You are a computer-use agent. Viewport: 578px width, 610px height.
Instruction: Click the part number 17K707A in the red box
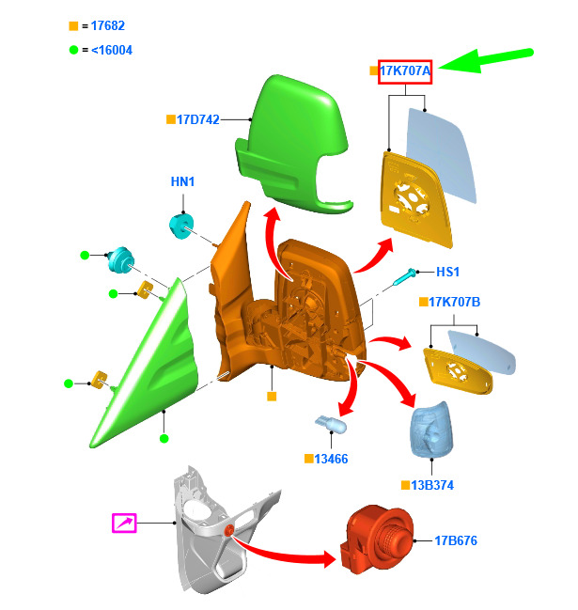[405, 70]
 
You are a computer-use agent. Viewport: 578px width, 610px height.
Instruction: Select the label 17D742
[198, 119]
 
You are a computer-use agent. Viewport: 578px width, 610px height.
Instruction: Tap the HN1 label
[182, 181]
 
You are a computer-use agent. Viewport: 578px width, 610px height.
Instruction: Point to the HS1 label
[448, 272]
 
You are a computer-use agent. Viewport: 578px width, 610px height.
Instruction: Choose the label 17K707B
[454, 302]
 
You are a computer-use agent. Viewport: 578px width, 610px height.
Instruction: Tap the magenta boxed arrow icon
[124, 523]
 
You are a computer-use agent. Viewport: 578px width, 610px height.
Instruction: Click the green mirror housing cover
[291, 141]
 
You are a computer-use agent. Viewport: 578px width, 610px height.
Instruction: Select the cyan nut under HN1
[180, 227]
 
